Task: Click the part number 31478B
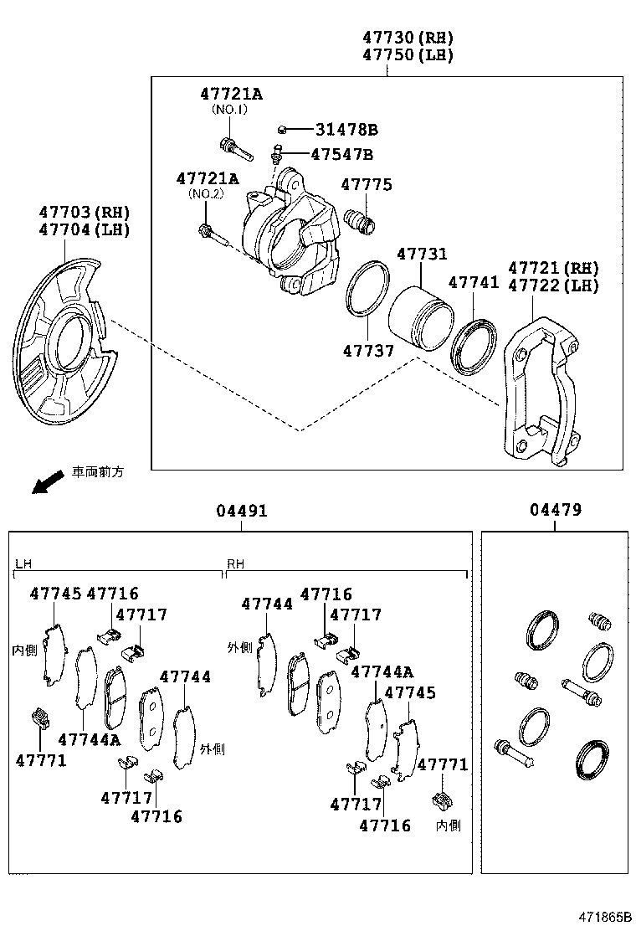point(346,130)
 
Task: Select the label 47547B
point(341,154)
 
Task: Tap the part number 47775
point(366,185)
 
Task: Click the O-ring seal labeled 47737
point(367,290)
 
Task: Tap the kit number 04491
point(241,510)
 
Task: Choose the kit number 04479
point(556,510)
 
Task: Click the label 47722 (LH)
point(554,285)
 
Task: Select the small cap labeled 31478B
point(283,130)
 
